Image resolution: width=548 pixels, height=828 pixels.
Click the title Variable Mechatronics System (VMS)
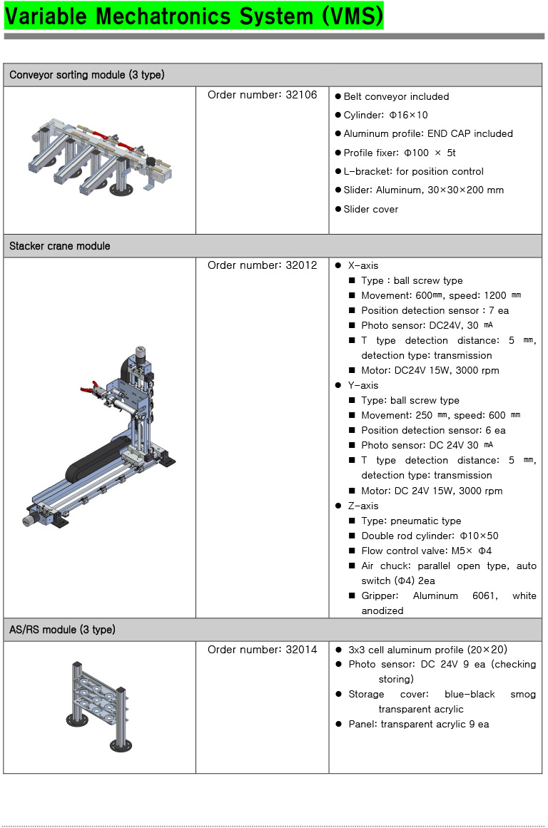pyautogui.click(x=193, y=16)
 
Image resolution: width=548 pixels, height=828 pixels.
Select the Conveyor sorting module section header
pyautogui.click(x=87, y=75)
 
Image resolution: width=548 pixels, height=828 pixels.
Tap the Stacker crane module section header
pyautogui.click(x=60, y=246)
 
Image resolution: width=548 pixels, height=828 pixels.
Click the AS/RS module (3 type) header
pyautogui.click(x=62, y=630)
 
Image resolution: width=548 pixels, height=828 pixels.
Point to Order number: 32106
pyautogui.click(x=262, y=95)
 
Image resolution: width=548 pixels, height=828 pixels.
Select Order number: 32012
pyautogui.click(x=262, y=265)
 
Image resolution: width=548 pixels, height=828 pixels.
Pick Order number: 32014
pyautogui.click(x=262, y=650)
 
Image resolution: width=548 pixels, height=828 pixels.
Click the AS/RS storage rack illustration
pyautogui.click(x=99, y=706)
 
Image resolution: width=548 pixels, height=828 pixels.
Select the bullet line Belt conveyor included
pyautogui.click(x=396, y=96)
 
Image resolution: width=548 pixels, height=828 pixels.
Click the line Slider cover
pyautogui.click(x=370, y=209)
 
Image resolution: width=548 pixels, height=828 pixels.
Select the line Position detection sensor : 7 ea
pyautogui.click(x=435, y=310)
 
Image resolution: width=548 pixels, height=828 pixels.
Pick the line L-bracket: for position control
pyautogui.click(x=413, y=171)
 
